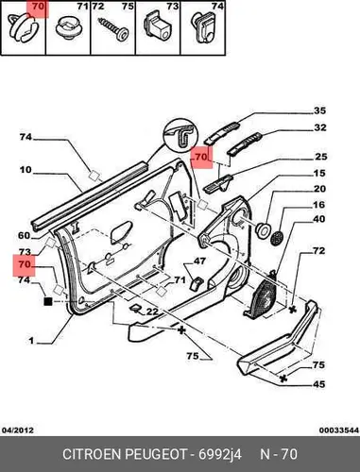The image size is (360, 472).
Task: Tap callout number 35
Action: click(319, 110)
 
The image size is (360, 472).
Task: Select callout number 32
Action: click(320, 127)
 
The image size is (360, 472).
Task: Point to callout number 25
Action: click(320, 157)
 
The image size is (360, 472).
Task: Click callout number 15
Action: click(319, 173)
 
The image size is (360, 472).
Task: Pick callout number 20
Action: click(319, 189)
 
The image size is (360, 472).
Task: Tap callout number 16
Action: click(318, 205)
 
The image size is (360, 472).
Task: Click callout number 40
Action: click(318, 219)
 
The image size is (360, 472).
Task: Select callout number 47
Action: click(199, 261)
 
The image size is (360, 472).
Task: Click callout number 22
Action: click(152, 312)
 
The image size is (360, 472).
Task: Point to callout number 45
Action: click(318, 384)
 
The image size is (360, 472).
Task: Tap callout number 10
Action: click(26, 170)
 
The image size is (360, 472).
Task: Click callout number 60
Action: click(24, 235)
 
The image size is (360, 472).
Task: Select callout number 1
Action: click(31, 341)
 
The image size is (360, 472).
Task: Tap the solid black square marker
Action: click(48, 302)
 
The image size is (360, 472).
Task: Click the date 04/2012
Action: click(18, 430)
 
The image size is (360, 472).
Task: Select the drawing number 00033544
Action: click(339, 430)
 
